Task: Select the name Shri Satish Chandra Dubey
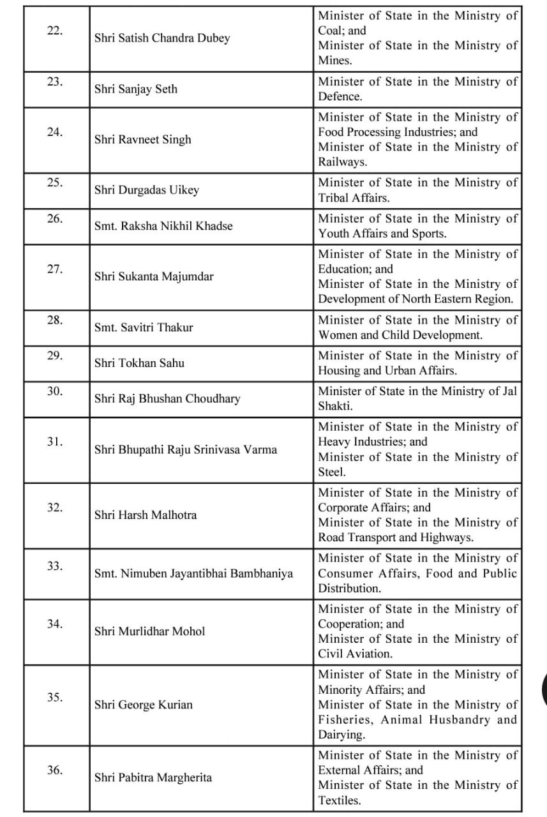pyautogui.click(x=162, y=38)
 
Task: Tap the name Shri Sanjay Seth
pyautogui.click(x=136, y=89)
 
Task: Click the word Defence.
pyautogui.click(x=340, y=97)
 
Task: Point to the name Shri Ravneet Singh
pyautogui.click(x=142, y=140)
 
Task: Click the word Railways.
pyautogui.click(x=342, y=162)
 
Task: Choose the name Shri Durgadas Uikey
pyautogui.click(x=147, y=190)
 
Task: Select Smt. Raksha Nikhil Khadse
pyautogui.click(x=163, y=226)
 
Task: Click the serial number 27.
pyautogui.click(x=55, y=269)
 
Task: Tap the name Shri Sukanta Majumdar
pyautogui.click(x=154, y=277)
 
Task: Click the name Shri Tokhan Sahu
pyautogui.click(x=139, y=363)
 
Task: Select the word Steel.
pyautogui.click(x=331, y=472)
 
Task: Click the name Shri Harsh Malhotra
pyautogui.click(x=146, y=515)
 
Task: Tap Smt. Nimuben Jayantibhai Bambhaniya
pyautogui.click(x=193, y=573)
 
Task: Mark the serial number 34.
pyautogui.click(x=55, y=624)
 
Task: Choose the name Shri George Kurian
pyautogui.click(x=143, y=705)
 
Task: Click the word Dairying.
pyautogui.click(x=341, y=735)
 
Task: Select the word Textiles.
pyautogui.click(x=339, y=800)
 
